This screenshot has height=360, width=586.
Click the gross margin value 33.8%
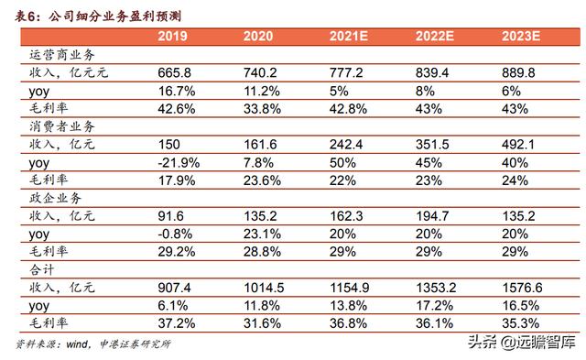[262, 108]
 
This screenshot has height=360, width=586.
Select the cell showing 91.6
[170, 213]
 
